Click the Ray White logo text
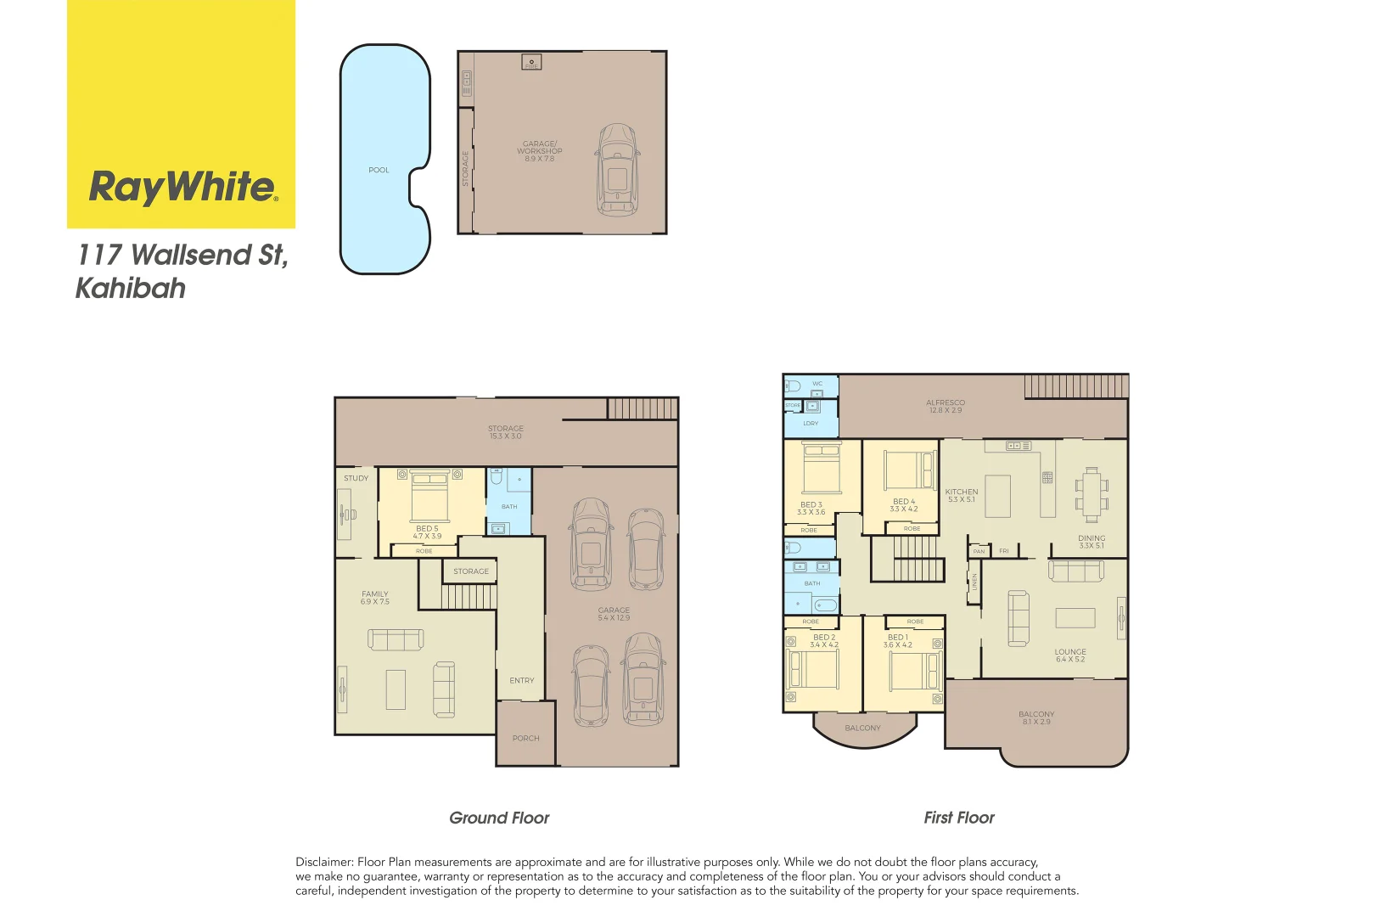182,187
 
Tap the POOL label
379,171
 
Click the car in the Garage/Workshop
617,170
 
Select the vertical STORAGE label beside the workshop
465,168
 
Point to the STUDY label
356,479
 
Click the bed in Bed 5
429,496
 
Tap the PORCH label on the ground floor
526,739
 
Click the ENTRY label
522,681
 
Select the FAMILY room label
375,594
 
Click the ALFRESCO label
946,403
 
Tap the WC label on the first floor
817,384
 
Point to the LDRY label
811,424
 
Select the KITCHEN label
962,492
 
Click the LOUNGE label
1070,652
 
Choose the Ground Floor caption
499,819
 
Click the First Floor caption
959,818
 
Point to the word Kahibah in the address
131,289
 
